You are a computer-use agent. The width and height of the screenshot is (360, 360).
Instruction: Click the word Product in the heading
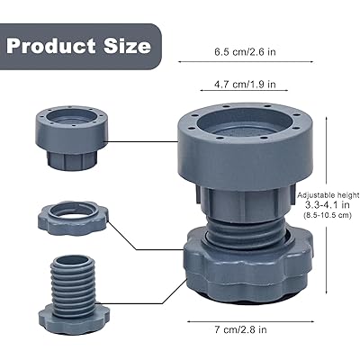(51, 46)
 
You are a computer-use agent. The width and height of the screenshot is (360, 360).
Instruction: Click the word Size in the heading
(127, 46)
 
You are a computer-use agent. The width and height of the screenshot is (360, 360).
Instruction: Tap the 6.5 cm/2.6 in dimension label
(245, 52)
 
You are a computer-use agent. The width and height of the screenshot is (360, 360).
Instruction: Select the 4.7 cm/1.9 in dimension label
(245, 85)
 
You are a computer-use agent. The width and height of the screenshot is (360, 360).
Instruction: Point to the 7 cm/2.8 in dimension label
(240, 329)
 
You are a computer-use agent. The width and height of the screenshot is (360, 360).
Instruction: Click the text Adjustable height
(328, 195)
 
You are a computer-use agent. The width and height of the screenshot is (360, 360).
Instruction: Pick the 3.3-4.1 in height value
(328, 205)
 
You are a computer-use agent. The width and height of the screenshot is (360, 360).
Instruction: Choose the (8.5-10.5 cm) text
(327, 215)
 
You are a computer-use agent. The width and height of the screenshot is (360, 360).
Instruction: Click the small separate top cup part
(72, 138)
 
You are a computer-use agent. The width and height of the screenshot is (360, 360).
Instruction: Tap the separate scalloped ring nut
(73, 218)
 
